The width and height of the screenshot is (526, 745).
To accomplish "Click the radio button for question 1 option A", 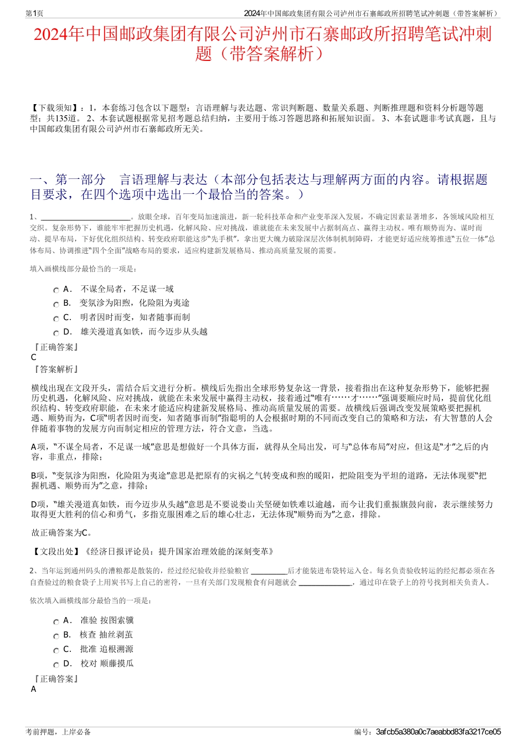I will tap(56, 290).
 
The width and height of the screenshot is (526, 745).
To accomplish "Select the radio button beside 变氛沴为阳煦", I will tap(56, 305).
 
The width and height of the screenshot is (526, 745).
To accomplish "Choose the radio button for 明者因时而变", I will tap(56, 319).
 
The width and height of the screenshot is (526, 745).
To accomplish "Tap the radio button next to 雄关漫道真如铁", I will tap(56, 333).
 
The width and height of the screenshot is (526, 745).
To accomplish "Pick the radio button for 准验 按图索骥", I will tap(56, 622).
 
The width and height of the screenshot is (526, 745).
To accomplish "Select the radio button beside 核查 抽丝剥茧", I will tap(56, 636).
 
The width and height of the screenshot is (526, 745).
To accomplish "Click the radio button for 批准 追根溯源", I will tap(56, 651).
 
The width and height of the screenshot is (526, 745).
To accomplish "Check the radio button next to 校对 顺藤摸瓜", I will tap(56, 665).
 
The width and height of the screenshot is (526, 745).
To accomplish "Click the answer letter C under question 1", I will tap(34, 357).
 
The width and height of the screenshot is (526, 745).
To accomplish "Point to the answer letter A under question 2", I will tap(34, 689).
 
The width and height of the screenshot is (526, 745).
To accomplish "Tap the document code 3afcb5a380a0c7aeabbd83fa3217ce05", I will tap(438, 732).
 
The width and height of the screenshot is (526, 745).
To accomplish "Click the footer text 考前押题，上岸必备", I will tap(58, 732).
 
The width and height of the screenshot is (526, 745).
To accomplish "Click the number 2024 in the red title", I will tap(51, 35).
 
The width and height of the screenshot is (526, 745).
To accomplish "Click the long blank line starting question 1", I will tap(86, 217).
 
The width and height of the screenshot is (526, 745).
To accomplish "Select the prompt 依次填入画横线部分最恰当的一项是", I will tap(91, 600).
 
